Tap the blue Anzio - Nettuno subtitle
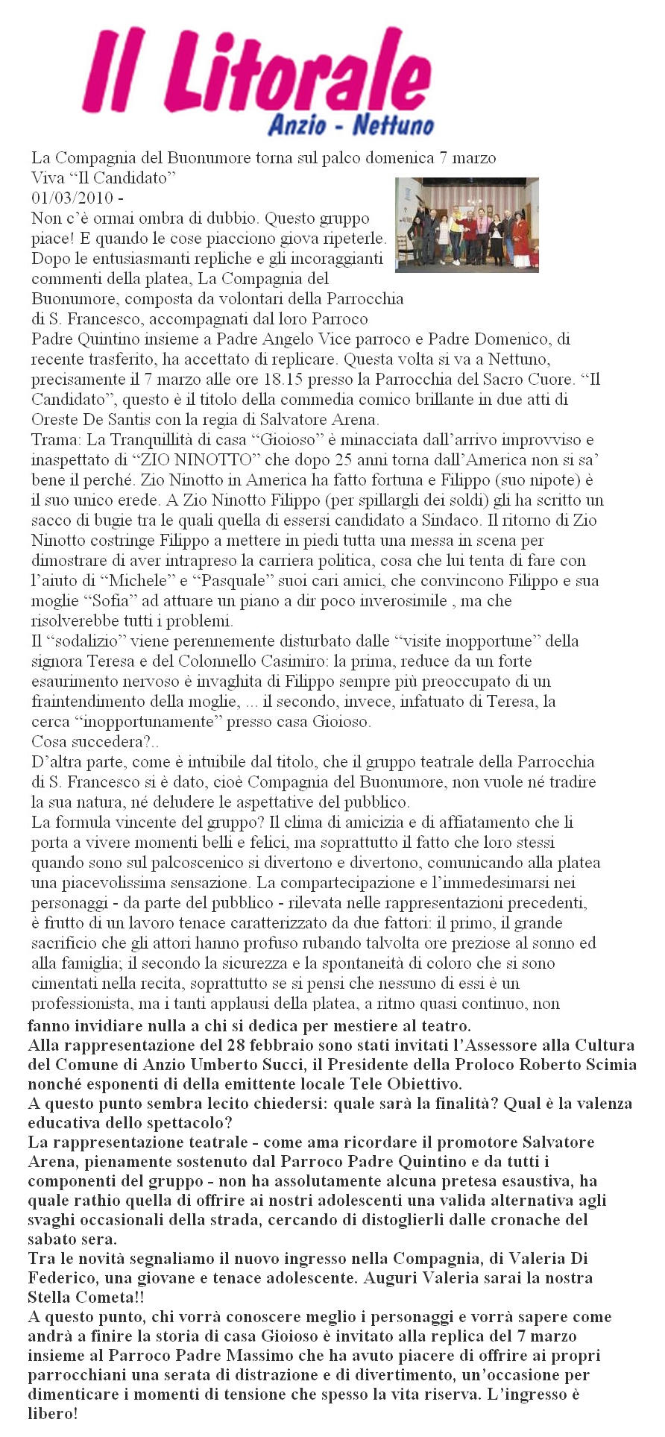pyautogui.click(x=350, y=125)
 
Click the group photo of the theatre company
pyautogui.click(x=467, y=224)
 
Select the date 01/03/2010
pyautogui.click(x=72, y=198)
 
